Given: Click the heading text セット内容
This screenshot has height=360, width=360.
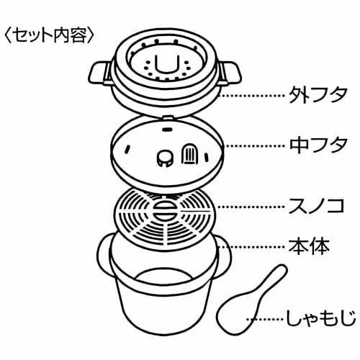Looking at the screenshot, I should coord(50,34).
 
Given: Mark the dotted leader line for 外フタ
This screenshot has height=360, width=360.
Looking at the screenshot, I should coord(252,94).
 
